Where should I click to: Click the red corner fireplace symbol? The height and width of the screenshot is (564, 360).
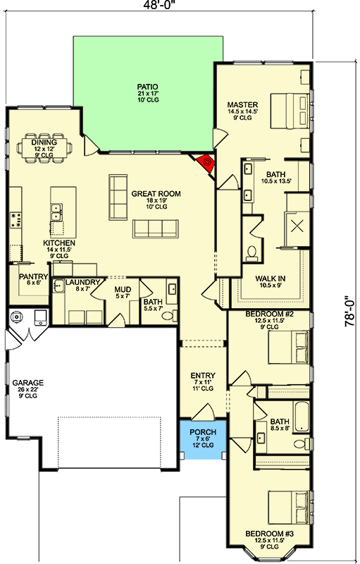[206, 164]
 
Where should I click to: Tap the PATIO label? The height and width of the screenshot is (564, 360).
[148, 87]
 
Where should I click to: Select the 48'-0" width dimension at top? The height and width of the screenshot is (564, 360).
[159, 4]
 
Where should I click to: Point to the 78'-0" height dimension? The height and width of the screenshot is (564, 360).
[350, 311]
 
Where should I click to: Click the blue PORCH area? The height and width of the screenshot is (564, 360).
[203, 439]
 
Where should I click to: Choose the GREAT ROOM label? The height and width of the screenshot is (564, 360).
[156, 193]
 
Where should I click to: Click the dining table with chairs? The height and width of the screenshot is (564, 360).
[44, 148]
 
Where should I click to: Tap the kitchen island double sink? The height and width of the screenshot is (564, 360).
[56, 212]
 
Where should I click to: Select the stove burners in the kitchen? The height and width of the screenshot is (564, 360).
[15, 220]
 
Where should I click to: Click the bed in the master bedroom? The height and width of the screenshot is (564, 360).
[290, 111]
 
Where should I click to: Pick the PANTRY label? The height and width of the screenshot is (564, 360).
[33, 276]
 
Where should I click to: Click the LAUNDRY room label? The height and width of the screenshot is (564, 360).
[82, 283]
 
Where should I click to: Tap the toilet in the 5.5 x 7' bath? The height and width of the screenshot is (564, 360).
[170, 316]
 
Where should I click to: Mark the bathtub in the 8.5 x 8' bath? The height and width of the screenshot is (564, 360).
[301, 417]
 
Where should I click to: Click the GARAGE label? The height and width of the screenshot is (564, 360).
[28, 383]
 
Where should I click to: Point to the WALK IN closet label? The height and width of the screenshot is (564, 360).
[271, 278]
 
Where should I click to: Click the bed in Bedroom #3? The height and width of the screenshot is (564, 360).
[289, 508]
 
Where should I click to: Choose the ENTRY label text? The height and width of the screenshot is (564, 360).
[203, 376]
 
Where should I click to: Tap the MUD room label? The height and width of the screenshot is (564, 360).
[123, 290]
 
